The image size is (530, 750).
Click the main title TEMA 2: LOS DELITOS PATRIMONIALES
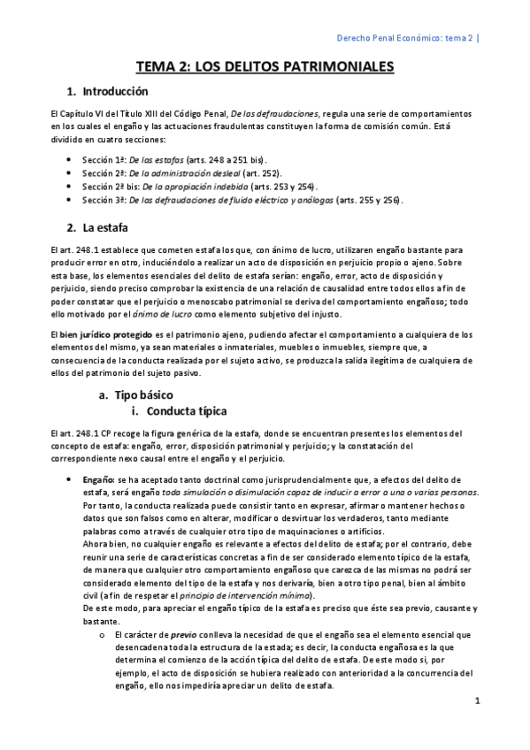tap(265, 66)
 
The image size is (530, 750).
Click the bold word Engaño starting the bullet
tap(97, 478)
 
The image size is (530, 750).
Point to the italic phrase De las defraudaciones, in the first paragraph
tap(271, 116)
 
